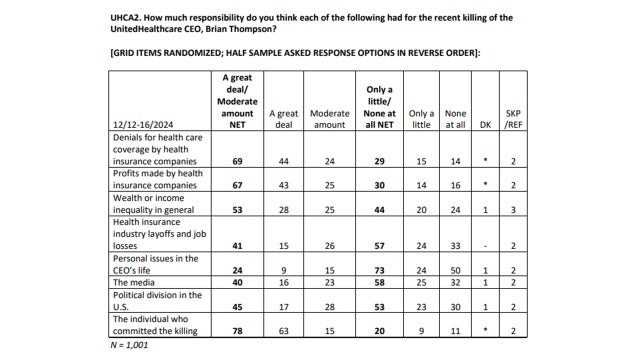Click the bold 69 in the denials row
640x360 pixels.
click(x=236, y=161)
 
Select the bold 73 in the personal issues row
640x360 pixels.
click(x=378, y=271)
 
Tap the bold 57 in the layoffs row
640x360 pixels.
click(x=378, y=245)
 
